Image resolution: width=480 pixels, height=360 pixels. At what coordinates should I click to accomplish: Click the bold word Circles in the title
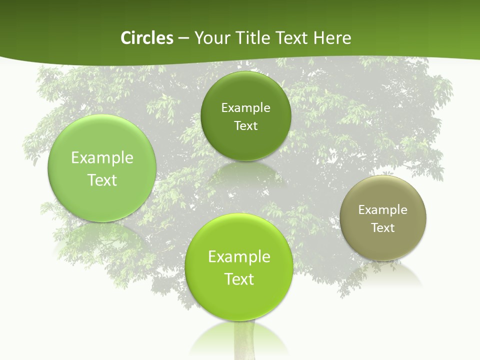click(146, 38)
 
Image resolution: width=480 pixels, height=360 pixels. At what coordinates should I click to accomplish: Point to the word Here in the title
click(332, 38)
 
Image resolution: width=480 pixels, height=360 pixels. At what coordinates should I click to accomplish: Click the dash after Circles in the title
click(184, 38)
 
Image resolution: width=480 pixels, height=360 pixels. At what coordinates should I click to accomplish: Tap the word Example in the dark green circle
click(246, 107)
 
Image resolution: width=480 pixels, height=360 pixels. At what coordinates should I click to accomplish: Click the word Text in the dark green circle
click(246, 125)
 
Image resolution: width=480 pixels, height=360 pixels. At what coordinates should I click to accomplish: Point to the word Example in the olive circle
click(383, 209)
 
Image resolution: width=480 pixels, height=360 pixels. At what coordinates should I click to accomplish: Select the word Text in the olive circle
click(383, 227)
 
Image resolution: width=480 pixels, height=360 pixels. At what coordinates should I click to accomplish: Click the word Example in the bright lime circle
click(239, 256)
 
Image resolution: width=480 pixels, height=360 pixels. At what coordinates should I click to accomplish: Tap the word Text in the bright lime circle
click(239, 278)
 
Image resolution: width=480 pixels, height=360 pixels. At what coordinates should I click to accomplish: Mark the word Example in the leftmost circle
click(102, 157)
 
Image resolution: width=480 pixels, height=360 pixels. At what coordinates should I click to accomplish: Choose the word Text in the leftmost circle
click(102, 179)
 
